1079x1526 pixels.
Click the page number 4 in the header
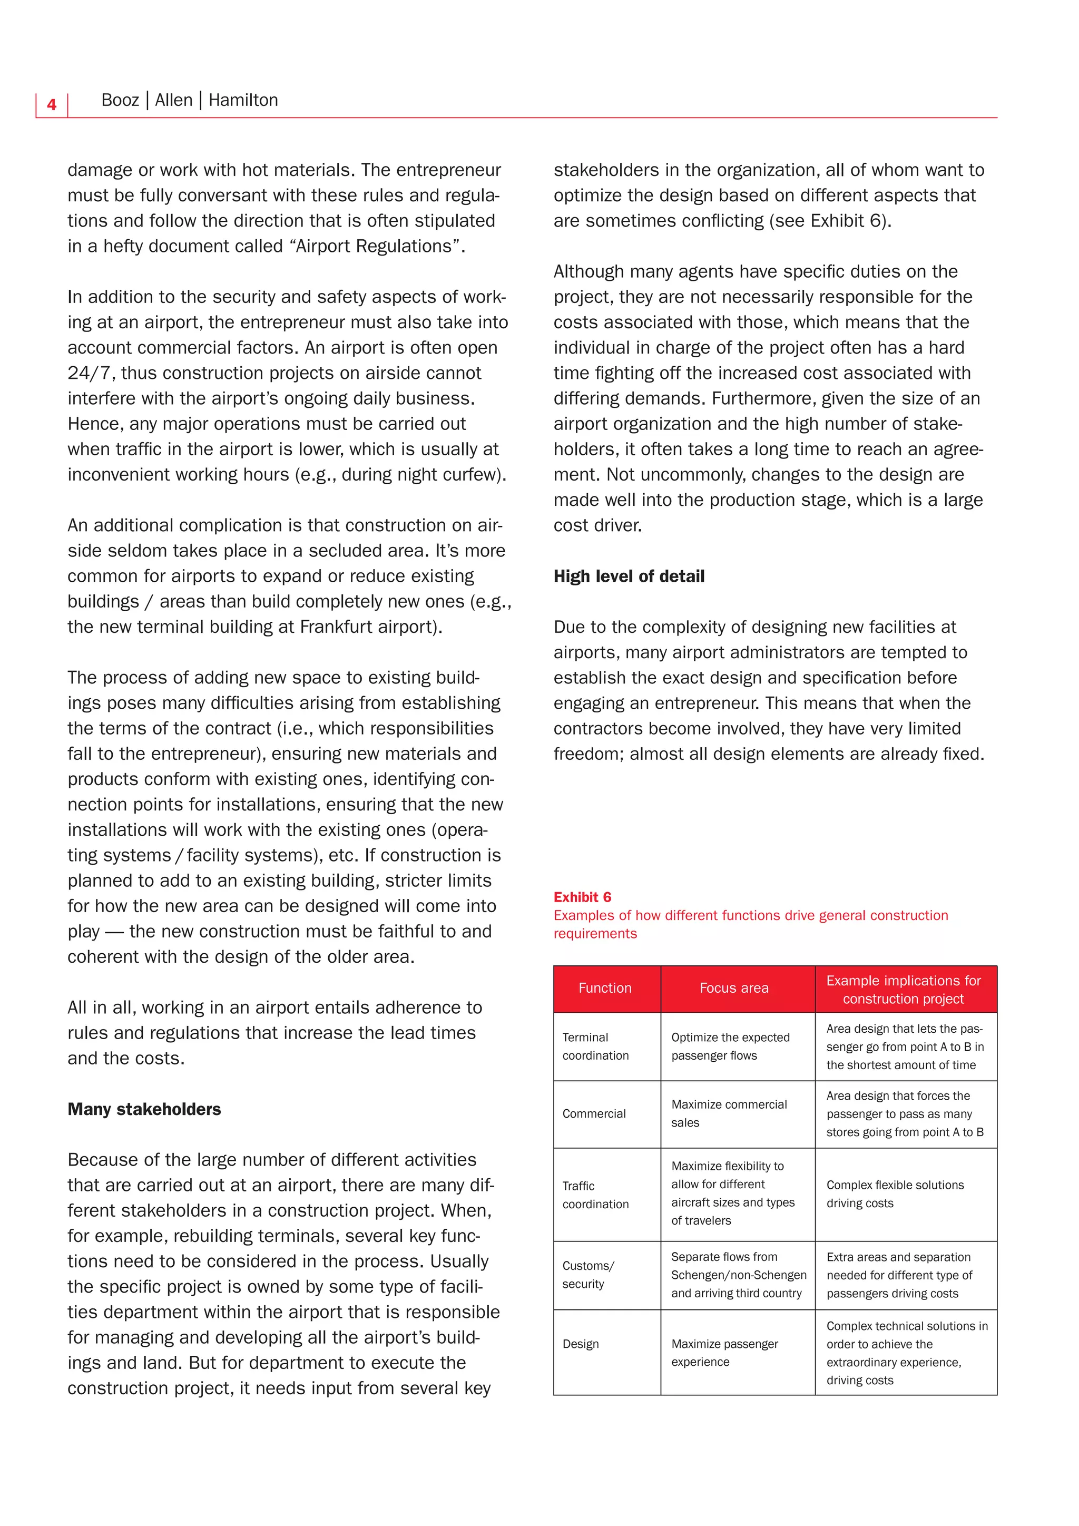pyautogui.click(x=52, y=105)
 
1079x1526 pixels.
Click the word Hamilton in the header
pyautogui.click(x=243, y=100)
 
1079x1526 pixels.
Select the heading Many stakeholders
pyautogui.click(x=144, y=1109)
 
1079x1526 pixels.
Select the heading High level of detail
pyautogui.click(x=629, y=576)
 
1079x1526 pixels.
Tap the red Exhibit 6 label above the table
pyautogui.click(x=582, y=897)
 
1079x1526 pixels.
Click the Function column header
pyautogui.click(x=605, y=989)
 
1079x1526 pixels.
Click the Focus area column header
pyautogui.click(x=733, y=989)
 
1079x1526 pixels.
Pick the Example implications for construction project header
pyautogui.click(x=903, y=990)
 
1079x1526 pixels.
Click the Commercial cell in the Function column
pyautogui.click(x=594, y=1114)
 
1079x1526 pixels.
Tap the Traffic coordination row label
pyautogui.click(x=595, y=1195)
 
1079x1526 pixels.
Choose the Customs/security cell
pyautogui.click(x=588, y=1275)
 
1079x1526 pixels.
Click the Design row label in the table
pyautogui.click(x=581, y=1344)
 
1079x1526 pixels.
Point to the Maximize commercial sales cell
pyautogui.click(x=728, y=1113)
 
